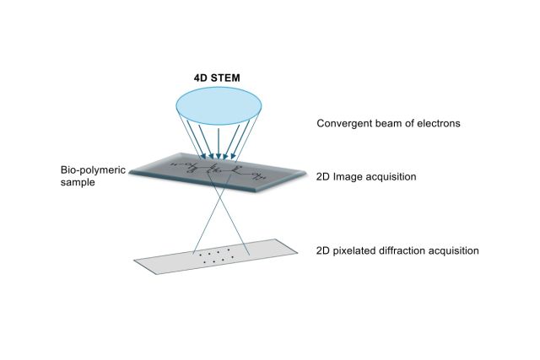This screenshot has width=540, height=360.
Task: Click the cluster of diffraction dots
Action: [219, 255]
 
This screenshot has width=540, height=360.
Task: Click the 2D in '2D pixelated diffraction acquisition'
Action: [324, 250]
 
